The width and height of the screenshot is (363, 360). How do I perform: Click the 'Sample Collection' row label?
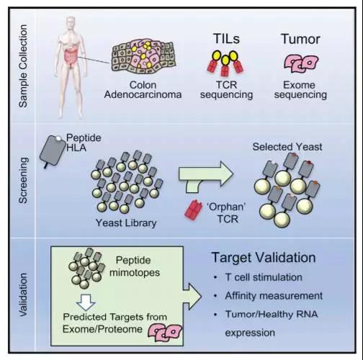click(23, 66)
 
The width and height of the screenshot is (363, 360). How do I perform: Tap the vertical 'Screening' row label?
click(23, 181)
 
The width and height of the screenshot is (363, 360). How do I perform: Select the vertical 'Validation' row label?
click(23, 294)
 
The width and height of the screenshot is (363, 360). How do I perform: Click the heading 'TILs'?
click(226, 39)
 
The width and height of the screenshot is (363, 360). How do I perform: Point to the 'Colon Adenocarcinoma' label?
click(143, 90)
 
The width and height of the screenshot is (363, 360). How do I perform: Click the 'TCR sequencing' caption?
click(226, 90)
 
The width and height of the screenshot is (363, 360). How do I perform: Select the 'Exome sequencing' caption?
click(300, 90)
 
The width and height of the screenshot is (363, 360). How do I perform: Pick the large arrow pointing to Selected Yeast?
click(206, 176)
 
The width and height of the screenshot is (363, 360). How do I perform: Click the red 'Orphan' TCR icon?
click(194, 210)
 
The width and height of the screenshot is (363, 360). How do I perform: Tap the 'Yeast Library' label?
click(126, 223)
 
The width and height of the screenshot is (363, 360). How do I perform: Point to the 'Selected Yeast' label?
click(287, 147)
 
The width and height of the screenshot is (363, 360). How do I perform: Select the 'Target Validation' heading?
click(264, 258)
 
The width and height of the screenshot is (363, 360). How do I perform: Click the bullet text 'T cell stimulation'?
click(264, 277)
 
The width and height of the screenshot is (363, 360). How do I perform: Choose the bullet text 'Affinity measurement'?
click(274, 296)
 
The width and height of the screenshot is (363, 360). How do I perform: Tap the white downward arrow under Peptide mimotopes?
click(86, 302)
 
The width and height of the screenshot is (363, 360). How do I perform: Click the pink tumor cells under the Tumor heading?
click(301, 63)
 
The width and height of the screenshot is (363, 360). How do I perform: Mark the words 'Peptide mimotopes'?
click(135, 266)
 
